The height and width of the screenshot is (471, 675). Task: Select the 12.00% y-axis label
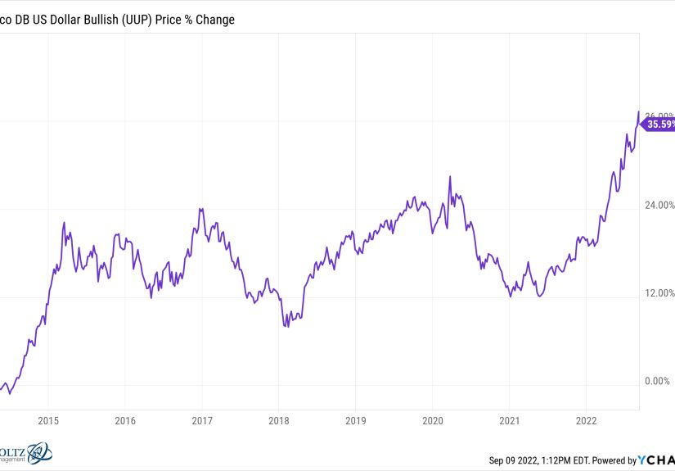(x=657, y=293)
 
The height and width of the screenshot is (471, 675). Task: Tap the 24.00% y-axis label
(x=657, y=205)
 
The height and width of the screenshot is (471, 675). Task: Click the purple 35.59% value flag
(x=658, y=125)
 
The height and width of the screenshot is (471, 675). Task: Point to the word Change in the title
(x=213, y=19)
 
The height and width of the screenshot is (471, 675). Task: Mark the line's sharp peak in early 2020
(x=449, y=176)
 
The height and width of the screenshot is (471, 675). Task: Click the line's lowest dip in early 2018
(x=285, y=326)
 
